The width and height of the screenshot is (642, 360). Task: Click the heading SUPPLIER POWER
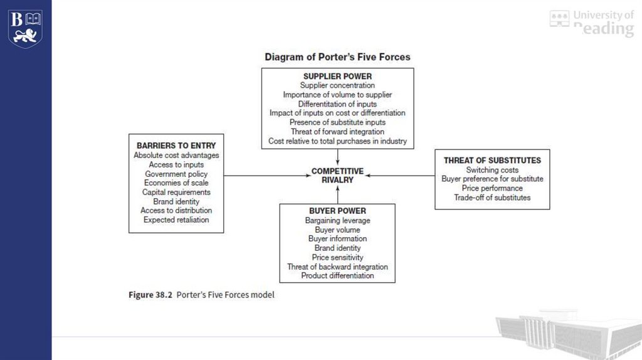[337, 76]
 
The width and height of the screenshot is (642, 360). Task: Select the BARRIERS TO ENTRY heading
[176, 146]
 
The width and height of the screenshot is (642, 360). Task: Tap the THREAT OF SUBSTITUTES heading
[492, 160]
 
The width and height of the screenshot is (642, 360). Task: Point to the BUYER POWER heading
[337, 211]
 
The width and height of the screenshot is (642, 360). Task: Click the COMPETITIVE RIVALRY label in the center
[337, 175]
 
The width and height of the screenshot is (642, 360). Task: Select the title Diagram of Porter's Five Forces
[337, 57]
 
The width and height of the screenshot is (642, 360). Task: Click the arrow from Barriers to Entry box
[267, 176]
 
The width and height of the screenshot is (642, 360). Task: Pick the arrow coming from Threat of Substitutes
[400, 175]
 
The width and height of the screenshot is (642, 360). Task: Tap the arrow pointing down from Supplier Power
[337, 157]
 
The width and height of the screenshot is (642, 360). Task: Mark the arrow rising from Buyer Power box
[337, 194]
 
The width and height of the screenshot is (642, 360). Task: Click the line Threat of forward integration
[337, 132]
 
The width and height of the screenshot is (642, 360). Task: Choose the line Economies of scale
[176, 183]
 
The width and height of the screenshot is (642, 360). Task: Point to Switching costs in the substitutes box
[492, 169]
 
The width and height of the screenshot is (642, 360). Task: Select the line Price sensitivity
[337, 257]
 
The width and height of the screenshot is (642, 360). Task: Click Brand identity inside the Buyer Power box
[337, 248]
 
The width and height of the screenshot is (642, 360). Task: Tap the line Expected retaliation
[176, 220]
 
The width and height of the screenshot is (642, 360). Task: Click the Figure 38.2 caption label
[150, 295]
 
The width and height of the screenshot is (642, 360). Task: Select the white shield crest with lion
[25, 29]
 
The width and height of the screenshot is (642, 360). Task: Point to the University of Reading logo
[592, 23]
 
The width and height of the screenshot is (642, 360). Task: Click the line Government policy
[176, 174]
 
